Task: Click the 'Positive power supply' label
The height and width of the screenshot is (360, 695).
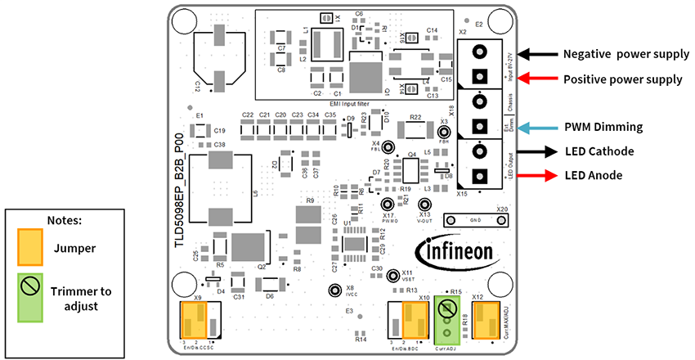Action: point(623,79)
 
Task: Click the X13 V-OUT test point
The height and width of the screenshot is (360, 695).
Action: point(424,205)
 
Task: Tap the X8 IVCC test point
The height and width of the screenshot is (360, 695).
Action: point(334,290)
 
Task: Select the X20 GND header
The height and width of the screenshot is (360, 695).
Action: point(474,221)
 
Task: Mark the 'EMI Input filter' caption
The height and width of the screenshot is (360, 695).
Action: point(354,103)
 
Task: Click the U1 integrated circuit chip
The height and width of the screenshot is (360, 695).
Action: point(355,243)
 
